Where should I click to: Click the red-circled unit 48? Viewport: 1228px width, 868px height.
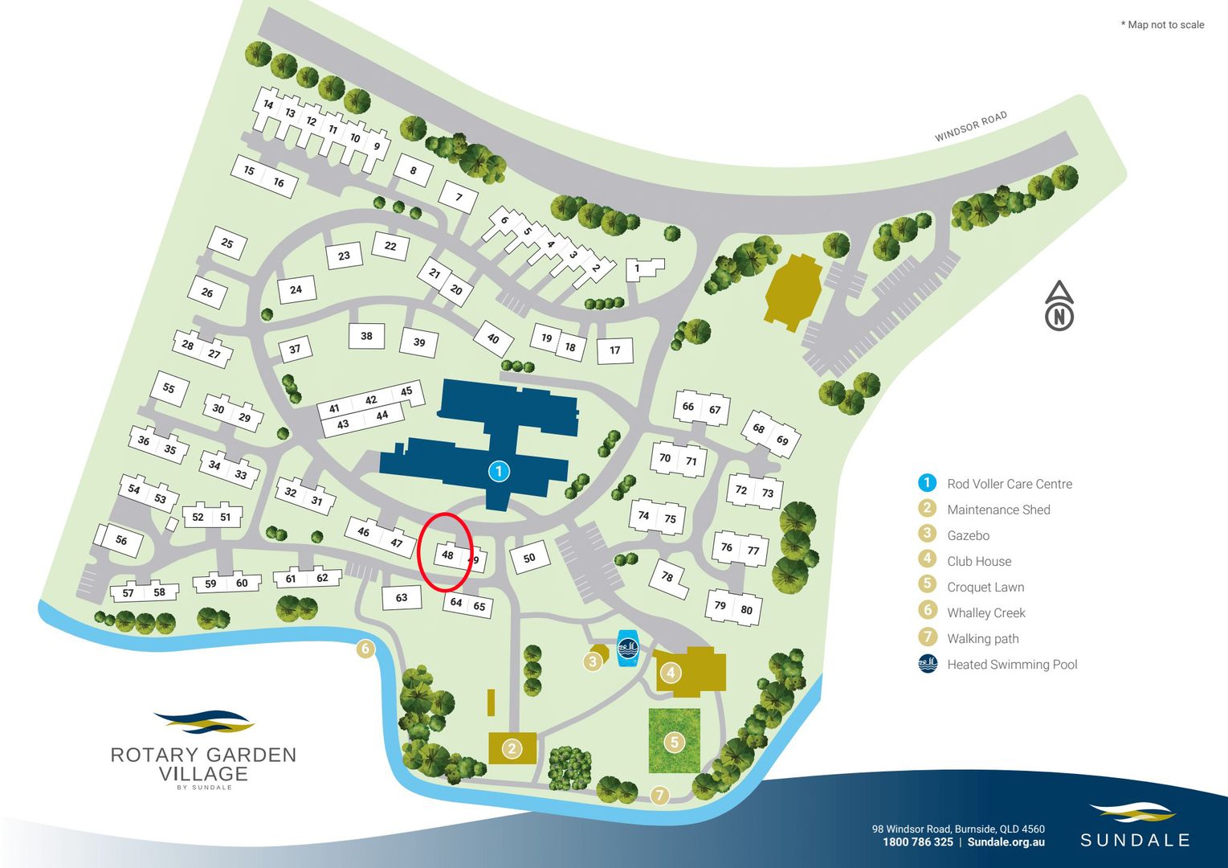pos(447,555)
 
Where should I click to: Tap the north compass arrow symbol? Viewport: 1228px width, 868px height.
pos(1059,306)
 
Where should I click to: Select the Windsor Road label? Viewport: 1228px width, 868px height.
pos(970,127)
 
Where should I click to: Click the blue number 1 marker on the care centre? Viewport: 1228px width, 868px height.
pos(499,471)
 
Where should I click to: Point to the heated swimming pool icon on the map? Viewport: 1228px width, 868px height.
pos(627,647)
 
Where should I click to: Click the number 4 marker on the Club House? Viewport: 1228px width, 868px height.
pos(670,672)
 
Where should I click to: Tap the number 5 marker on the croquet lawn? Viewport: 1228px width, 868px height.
pos(675,742)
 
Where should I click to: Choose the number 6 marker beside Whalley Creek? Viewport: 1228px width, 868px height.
pos(365,649)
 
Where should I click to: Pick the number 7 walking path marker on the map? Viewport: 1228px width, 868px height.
pos(659,796)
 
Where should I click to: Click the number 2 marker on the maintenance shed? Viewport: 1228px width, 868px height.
pos(512,749)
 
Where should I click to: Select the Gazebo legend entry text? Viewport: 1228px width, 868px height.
pos(968,535)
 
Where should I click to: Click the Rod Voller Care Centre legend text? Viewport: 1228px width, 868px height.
pos(1010,484)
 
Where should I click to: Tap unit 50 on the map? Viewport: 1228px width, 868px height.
pos(528,558)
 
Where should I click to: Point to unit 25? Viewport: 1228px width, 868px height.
pos(227,243)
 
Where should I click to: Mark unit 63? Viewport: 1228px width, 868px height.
pos(402,597)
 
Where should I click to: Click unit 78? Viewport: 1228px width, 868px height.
pos(667,576)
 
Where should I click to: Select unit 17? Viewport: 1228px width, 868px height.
pos(615,350)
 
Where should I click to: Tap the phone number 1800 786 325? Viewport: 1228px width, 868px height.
pos(917,842)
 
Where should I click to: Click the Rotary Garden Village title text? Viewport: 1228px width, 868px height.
pos(203,764)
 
